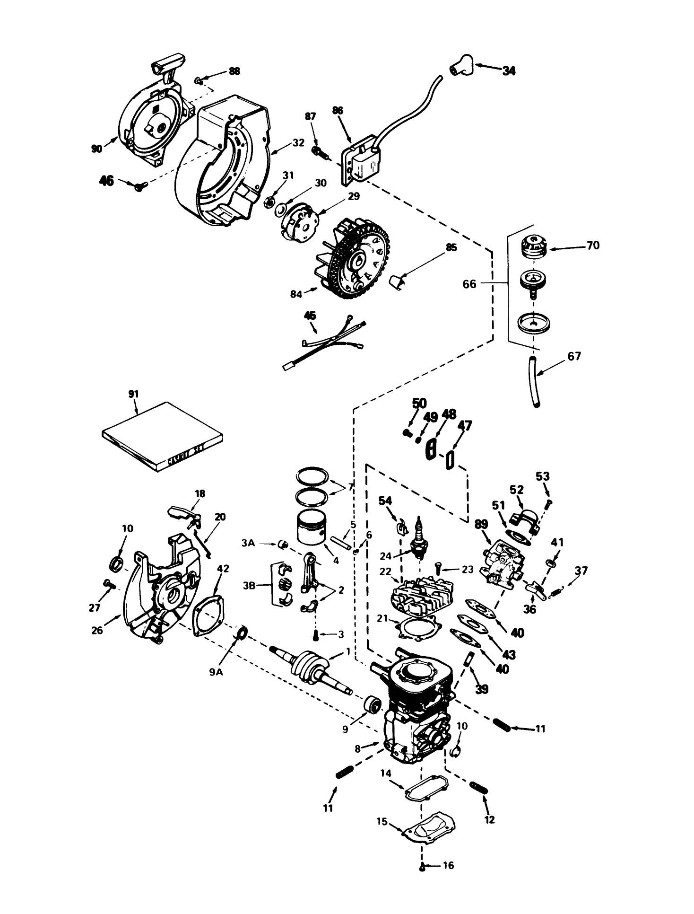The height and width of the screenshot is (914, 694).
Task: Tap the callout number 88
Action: point(234,71)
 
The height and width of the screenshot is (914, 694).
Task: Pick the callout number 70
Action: point(593,245)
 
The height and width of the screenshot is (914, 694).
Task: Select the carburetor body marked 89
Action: point(502,561)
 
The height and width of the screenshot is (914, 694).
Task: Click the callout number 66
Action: point(469,285)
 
